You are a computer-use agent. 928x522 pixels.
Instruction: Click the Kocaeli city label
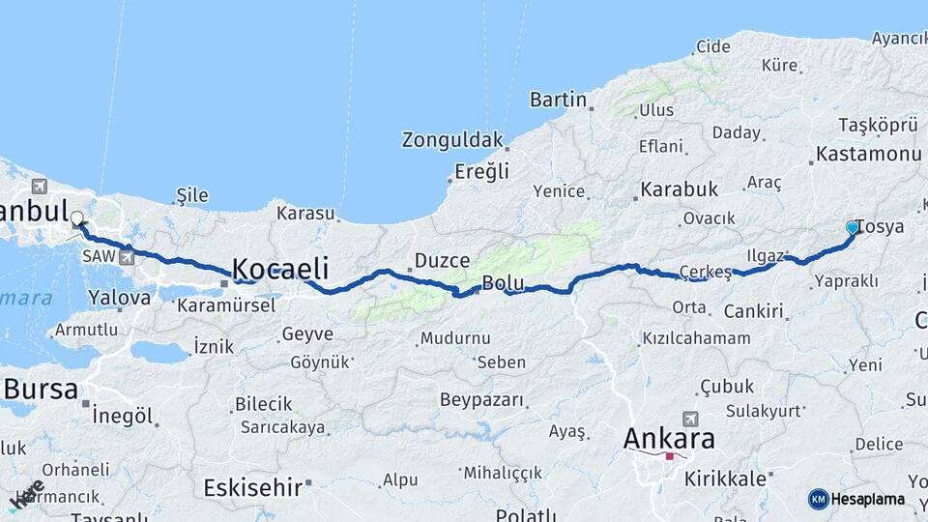pyautogui.click(x=279, y=269)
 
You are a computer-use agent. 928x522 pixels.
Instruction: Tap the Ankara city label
pyautogui.click(x=669, y=438)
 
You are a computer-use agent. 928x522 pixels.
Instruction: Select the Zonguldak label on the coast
pyautogui.click(x=452, y=140)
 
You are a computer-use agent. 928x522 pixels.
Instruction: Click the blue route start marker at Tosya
pyautogui.click(x=853, y=227)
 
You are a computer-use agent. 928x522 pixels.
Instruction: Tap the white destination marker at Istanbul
pyautogui.click(x=76, y=218)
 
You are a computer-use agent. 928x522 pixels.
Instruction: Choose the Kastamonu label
pyautogui.click(x=867, y=154)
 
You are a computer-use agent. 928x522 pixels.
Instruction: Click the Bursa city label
pyautogui.click(x=41, y=389)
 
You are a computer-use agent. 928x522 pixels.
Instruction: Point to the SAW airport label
pyautogui.click(x=98, y=256)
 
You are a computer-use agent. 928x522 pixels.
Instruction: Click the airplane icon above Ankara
pyautogui.click(x=689, y=419)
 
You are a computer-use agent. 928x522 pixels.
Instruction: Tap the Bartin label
pyautogui.click(x=558, y=99)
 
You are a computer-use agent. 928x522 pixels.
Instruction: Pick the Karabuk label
pyautogui.click(x=679, y=189)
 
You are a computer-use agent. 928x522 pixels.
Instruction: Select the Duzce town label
pyautogui.click(x=442, y=260)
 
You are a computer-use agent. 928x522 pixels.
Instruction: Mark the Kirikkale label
pyautogui.click(x=725, y=478)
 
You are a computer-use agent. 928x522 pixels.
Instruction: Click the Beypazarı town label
pyautogui.click(x=481, y=399)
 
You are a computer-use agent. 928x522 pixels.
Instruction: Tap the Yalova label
pyautogui.click(x=119, y=298)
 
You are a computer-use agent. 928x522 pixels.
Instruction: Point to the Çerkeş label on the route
pyautogui.click(x=706, y=271)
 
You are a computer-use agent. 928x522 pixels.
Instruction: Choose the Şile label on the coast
pyautogui.click(x=192, y=196)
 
